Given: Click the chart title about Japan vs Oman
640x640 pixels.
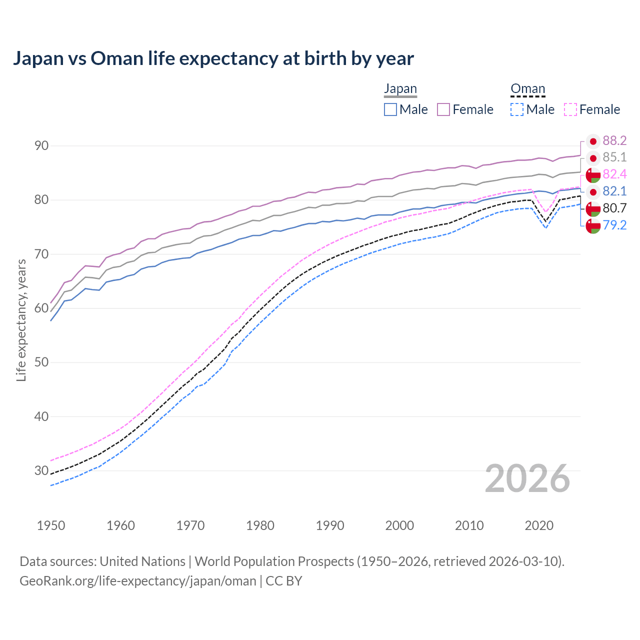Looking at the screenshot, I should click(213, 58).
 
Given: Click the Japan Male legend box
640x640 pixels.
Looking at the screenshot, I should click(390, 109).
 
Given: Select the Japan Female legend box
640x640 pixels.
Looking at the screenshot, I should click(443, 109).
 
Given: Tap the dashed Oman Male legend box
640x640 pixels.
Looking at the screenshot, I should click(517, 109).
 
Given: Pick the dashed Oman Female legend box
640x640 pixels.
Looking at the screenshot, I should click(570, 109).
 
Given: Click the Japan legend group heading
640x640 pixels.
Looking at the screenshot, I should click(400, 89).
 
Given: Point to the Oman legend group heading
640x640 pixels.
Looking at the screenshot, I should click(527, 89).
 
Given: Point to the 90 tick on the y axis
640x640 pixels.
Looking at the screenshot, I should click(41, 146).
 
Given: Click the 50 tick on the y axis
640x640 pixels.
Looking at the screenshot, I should click(41, 362).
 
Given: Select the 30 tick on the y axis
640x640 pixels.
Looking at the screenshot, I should click(41, 470).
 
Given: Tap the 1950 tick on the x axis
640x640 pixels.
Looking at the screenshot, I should click(51, 525).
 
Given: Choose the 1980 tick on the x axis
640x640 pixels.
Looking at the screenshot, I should click(260, 525).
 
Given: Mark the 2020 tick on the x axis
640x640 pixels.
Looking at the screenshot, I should click(539, 525).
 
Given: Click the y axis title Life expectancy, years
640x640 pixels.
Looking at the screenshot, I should click(21, 320).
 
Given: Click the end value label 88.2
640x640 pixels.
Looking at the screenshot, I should click(614, 141).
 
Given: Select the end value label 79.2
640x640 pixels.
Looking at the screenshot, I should click(614, 225).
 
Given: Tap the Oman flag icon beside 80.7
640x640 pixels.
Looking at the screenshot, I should click(593, 208).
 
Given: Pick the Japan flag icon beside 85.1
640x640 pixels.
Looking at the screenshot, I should click(593, 158).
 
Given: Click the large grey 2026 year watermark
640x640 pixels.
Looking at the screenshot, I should click(527, 479).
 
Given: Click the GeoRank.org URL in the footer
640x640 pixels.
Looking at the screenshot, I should click(137, 581).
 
